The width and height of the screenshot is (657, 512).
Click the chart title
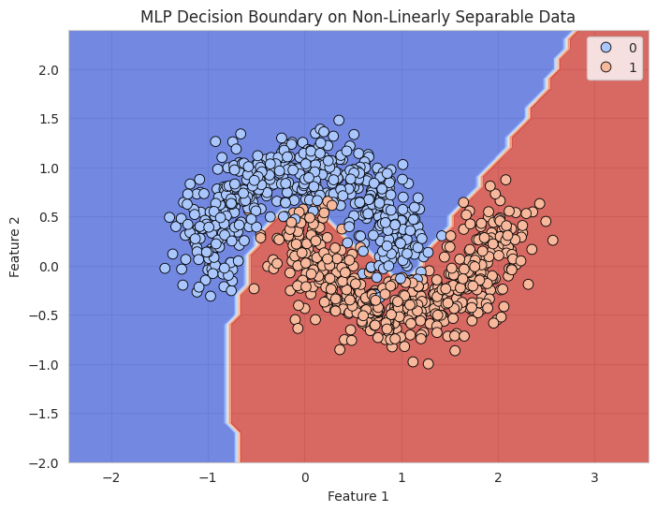click(358, 16)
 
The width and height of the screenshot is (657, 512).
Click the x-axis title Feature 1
click(358, 496)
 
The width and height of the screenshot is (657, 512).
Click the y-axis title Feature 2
click(15, 246)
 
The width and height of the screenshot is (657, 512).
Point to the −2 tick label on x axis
click(111, 477)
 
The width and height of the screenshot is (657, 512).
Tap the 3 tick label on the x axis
click(594, 477)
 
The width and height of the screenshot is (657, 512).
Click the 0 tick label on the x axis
click(304, 477)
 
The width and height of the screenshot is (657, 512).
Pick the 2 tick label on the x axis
click(498, 477)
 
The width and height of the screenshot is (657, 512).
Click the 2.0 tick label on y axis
click(51, 70)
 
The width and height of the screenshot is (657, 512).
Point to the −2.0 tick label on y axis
click(47, 462)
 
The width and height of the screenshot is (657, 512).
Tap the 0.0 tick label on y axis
click(51, 267)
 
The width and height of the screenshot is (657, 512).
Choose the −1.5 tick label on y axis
click(47, 414)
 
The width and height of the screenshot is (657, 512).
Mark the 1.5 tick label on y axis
click(51, 119)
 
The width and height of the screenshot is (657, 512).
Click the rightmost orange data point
click(552, 240)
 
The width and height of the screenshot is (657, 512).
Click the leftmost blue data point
click(165, 268)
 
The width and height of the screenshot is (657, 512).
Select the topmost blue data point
click(339, 121)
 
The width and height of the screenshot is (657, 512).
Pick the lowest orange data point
click(428, 363)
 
